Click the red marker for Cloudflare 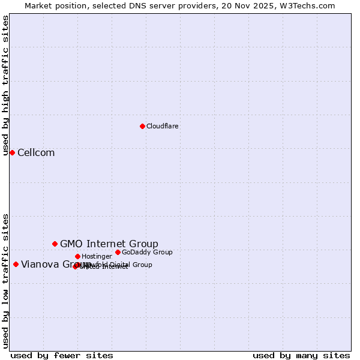point(142,126)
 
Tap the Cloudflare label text point(163,127)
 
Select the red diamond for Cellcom point(12,152)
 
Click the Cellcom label point(36,153)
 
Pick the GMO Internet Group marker point(55,244)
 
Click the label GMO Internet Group point(109,244)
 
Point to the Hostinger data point point(77,256)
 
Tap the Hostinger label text point(97,257)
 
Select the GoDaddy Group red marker point(118,252)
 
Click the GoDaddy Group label point(147,253)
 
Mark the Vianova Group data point point(16,264)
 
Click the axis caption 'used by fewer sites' point(62,356)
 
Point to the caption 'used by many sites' point(301,356)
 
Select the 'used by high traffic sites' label point(6,85)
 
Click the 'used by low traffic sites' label point(6,280)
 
